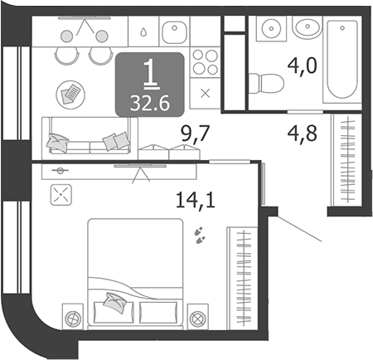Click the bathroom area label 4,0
[x=302, y=66]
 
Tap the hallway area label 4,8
[x=302, y=134]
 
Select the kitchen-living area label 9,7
[x=196, y=134]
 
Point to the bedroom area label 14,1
[x=195, y=200]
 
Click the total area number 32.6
[x=150, y=104]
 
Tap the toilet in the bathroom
[x=266, y=83]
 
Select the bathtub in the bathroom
[x=342, y=60]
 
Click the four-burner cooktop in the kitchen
[x=205, y=62]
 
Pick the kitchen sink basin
[x=174, y=32]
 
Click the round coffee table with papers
[x=70, y=95]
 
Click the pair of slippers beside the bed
[x=199, y=235]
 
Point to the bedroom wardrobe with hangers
[x=242, y=279]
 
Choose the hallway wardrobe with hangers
[x=346, y=160]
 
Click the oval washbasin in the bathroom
[x=308, y=27]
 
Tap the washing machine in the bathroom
[x=271, y=28]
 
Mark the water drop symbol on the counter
[x=143, y=32]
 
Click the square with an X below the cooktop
[x=205, y=94]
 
